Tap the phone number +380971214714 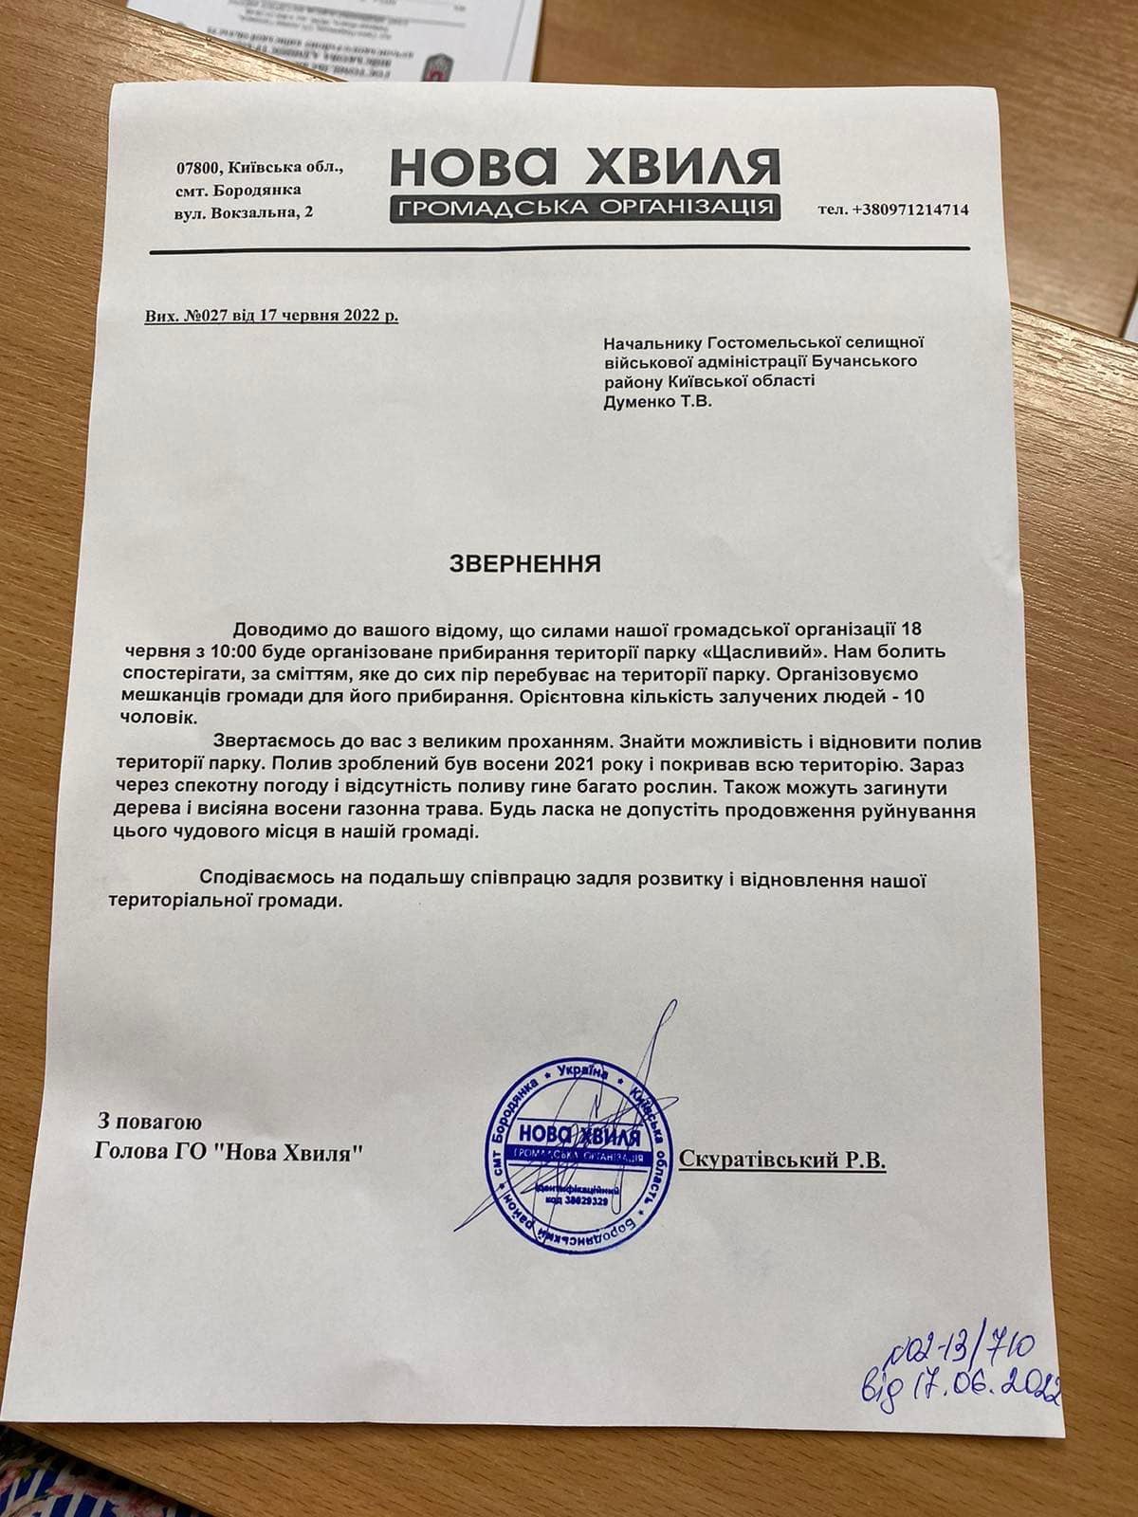click(892, 210)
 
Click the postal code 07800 click(198, 168)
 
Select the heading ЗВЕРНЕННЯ click(524, 564)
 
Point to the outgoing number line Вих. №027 click(271, 316)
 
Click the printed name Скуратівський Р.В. click(783, 1160)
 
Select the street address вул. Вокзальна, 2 click(245, 212)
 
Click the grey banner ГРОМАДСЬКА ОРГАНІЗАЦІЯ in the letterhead click(584, 208)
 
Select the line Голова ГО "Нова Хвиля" click(229, 1153)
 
